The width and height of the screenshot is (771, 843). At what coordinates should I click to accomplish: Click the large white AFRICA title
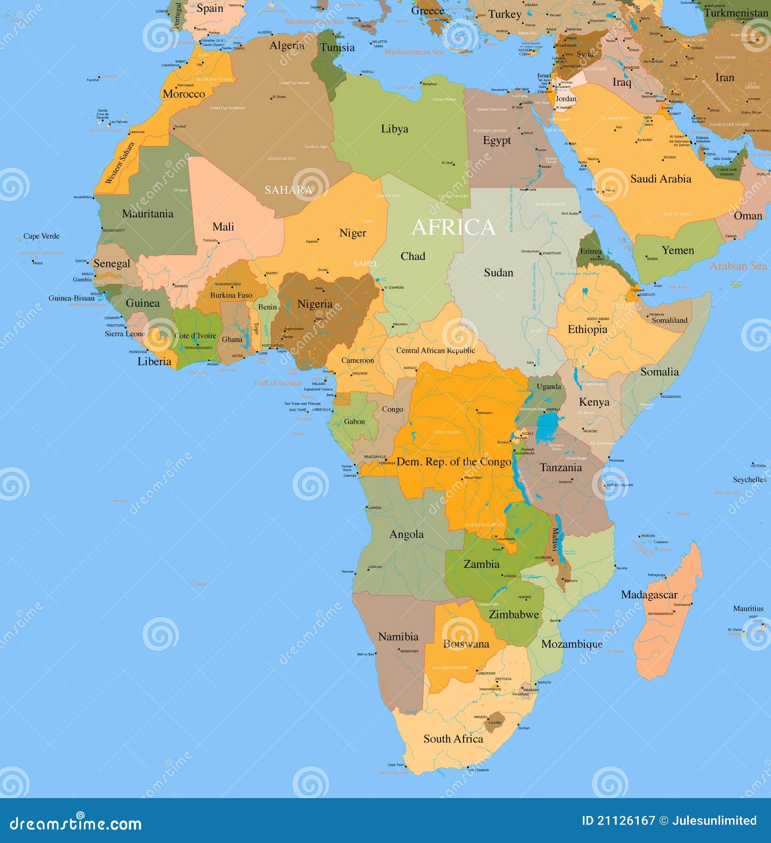[453, 227]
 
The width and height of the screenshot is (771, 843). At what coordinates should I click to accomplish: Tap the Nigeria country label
[314, 304]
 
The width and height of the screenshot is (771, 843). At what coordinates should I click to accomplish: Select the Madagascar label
[649, 595]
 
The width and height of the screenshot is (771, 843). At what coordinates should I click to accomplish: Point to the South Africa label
[453, 739]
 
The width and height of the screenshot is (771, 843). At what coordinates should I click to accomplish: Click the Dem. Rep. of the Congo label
[454, 462]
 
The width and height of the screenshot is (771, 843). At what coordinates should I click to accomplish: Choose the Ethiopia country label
[587, 329]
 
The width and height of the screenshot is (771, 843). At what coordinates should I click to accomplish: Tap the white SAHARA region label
[288, 190]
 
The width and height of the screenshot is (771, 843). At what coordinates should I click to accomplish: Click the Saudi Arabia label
[660, 179]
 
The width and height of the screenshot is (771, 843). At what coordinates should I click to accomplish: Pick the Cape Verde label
[41, 236]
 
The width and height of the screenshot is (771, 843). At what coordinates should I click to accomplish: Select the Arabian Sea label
[738, 266]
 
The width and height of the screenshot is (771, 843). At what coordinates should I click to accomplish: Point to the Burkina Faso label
[231, 295]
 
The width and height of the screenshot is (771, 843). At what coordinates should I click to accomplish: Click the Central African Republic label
[435, 350]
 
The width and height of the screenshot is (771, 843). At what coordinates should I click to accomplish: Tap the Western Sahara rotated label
[120, 163]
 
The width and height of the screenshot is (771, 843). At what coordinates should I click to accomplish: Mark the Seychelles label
[749, 479]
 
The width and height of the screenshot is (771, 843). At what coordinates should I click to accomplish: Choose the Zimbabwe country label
[514, 615]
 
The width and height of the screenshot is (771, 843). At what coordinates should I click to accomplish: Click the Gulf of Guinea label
[277, 383]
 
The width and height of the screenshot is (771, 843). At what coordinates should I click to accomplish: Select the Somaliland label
[669, 320]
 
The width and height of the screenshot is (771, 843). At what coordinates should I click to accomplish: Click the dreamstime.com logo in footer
[75, 824]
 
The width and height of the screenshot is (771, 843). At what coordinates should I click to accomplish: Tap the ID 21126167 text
[618, 821]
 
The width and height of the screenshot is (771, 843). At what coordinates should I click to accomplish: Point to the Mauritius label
[748, 609]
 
